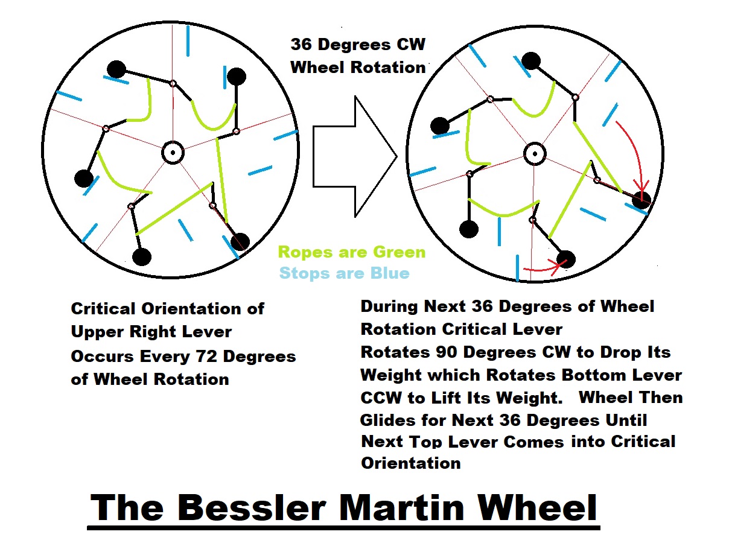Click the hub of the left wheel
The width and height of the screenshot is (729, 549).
(173, 153)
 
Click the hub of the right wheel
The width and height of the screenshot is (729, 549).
(533, 153)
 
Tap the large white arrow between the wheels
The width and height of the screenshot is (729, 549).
(354, 156)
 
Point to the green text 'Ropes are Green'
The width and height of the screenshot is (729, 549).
(351, 252)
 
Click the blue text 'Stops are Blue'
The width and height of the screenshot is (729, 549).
(344, 273)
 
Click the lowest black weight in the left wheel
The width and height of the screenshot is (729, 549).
(141, 257)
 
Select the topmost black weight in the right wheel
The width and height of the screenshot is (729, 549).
(530, 60)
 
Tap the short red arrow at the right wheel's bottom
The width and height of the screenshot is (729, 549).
(541, 267)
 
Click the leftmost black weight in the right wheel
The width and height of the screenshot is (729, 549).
(439, 126)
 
